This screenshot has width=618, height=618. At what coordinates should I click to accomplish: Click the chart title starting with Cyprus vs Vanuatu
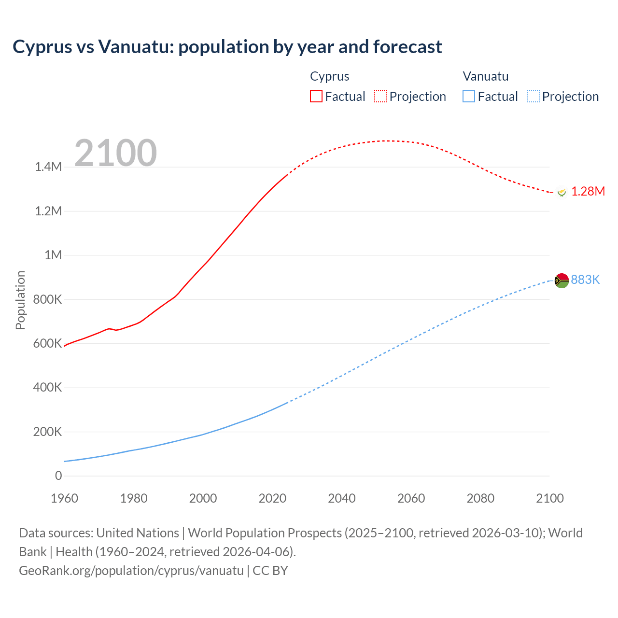[x=227, y=47]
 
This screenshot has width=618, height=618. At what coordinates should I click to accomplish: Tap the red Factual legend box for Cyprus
[x=316, y=96]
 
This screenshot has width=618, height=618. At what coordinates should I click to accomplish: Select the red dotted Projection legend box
[x=380, y=96]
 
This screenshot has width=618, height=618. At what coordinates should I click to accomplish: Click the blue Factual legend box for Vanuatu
[x=469, y=96]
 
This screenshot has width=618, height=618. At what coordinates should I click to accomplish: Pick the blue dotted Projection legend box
[x=534, y=96]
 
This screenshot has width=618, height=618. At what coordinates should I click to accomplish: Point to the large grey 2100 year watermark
[x=115, y=153]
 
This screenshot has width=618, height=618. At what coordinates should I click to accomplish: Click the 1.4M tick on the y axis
[x=48, y=167]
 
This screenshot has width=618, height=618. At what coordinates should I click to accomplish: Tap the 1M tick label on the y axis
[x=53, y=255]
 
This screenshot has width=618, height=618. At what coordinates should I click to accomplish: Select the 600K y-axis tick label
[x=48, y=343]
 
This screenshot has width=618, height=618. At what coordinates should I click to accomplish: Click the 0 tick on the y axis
[x=58, y=476]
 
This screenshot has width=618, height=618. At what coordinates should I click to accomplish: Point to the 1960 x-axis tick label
[x=64, y=498]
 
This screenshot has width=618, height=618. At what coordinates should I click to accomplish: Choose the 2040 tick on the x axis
[x=342, y=498]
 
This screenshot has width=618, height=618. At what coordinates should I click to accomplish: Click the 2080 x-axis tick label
[x=480, y=498]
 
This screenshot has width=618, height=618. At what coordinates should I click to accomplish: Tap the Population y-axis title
[x=20, y=300]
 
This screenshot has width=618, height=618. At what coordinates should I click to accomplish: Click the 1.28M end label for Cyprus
[x=588, y=192]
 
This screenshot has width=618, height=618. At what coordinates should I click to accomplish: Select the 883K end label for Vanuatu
[x=585, y=280]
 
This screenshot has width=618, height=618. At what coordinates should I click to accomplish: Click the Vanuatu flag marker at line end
[x=562, y=280]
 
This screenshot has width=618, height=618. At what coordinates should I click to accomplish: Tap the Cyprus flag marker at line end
[x=562, y=192]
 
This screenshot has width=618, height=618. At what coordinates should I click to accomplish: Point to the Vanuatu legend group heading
[x=485, y=76]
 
